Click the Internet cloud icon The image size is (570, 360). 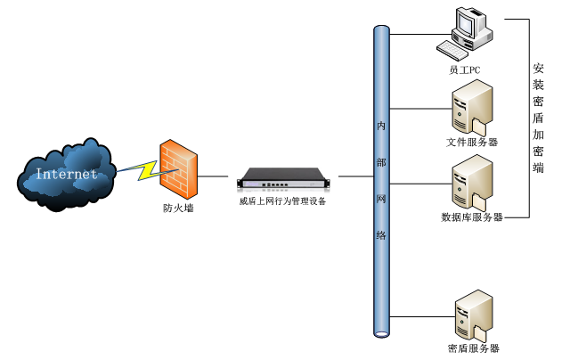pyautogui.click(x=67, y=174)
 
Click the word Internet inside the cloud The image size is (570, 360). pyautogui.click(x=66, y=175)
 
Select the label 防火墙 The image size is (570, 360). pyautogui.click(x=178, y=209)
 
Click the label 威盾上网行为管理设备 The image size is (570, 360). pyautogui.click(x=282, y=201)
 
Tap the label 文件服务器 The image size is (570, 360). pyautogui.click(x=472, y=142)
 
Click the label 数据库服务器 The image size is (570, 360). pyautogui.click(x=472, y=217)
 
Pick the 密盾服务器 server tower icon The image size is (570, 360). pyautogui.click(x=472, y=314)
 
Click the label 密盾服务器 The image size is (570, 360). pyautogui.click(x=473, y=348)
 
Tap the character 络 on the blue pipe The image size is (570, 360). pyautogui.click(x=381, y=235)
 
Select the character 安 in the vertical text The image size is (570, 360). pyautogui.click(x=539, y=69)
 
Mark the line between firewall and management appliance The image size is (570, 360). pyautogui.click(x=218, y=176)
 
